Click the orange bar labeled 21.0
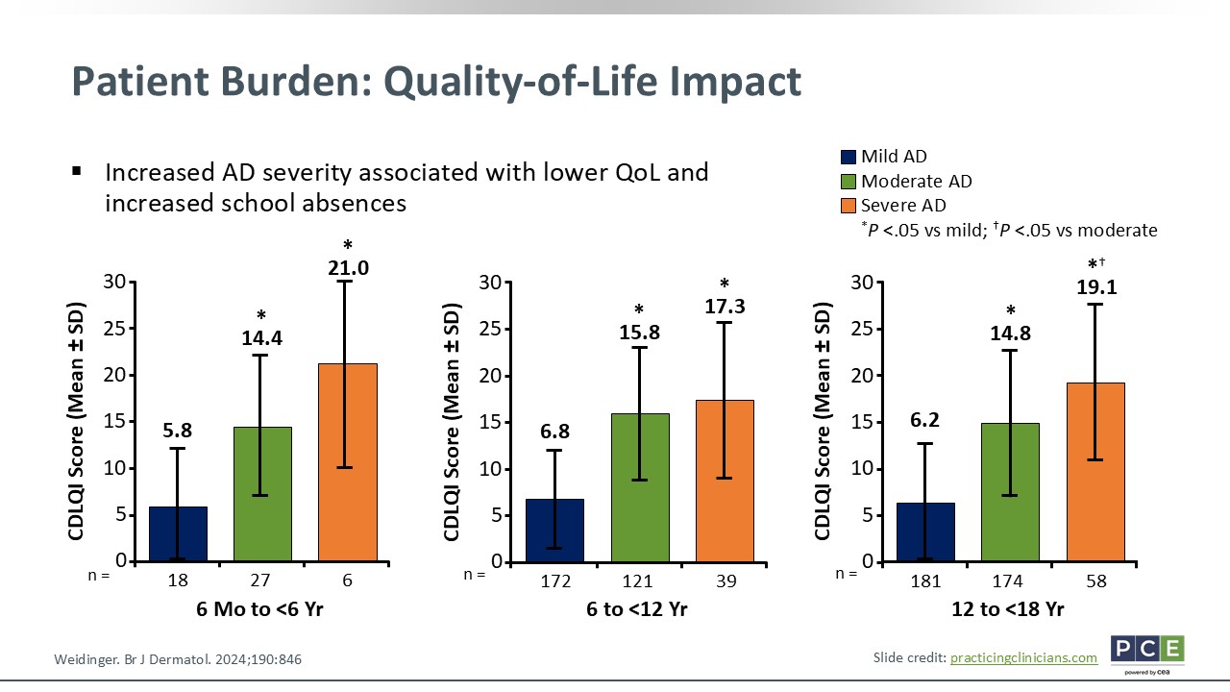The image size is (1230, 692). [347, 462]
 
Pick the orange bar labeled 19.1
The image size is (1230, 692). [1095, 472]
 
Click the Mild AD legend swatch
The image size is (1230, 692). [849, 157]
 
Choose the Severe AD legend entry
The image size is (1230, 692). [903, 206]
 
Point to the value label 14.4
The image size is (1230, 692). [262, 338]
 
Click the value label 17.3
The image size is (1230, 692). [725, 308]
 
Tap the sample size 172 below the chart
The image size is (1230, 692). [555, 581]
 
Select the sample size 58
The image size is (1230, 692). [1095, 581]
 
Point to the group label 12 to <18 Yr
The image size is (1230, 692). [1009, 609]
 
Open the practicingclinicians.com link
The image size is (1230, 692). [1023, 657]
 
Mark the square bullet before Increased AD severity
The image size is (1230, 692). [77, 172]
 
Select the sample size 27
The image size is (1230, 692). [262, 581]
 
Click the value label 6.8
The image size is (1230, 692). [554, 426]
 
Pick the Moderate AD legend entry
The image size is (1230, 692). [915, 182]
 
